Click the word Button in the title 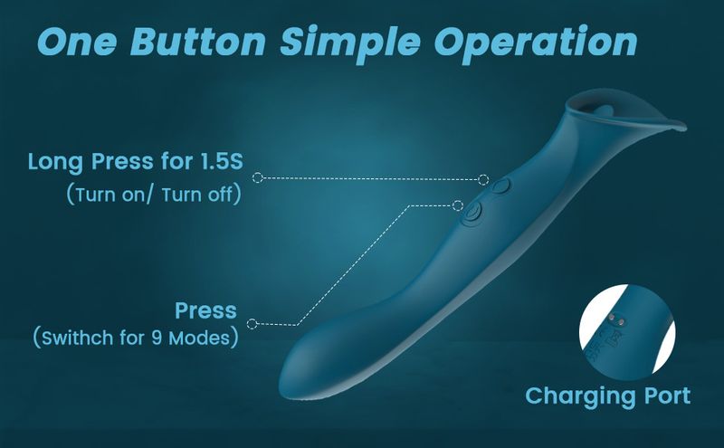[197, 42]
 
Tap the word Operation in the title [536, 43]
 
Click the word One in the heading [76, 42]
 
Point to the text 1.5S [222, 161]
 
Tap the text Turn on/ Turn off [154, 195]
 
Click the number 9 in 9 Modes [157, 338]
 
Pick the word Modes [199, 338]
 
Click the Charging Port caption [607, 396]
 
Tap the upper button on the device [500, 186]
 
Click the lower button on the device [471, 214]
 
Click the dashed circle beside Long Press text [258, 177]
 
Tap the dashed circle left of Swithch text [252, 324]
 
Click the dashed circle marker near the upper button [483, 179]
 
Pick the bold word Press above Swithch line [206, 310]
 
